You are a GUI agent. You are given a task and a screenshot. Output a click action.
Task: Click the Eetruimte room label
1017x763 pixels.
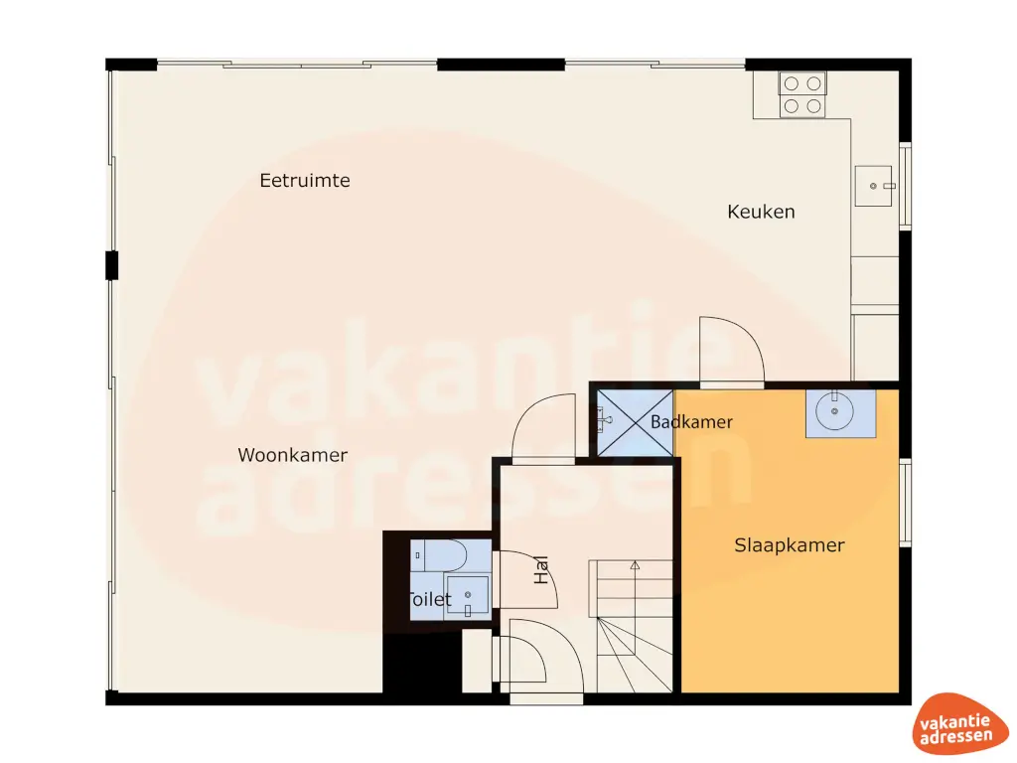[x=305, y=181]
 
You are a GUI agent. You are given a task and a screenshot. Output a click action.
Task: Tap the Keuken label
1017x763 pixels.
[x=761, y=212]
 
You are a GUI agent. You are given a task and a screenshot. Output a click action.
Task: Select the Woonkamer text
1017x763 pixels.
[x=293, y=455]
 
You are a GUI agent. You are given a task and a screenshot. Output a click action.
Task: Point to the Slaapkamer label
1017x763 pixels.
[x=790, y=545]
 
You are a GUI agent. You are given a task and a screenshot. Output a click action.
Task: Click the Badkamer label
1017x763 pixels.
[x=691, y=422]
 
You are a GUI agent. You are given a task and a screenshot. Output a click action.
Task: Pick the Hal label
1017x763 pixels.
[x=542, y=569]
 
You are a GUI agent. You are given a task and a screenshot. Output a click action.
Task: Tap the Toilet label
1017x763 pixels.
[x=429, y=600]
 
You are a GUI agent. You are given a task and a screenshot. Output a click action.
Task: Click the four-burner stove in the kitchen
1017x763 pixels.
[x=802, y=95]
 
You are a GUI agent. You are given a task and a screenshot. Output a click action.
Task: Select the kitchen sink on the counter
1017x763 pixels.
[x=875, y=186]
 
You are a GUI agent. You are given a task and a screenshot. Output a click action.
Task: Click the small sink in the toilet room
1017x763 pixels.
[x=467, y=595]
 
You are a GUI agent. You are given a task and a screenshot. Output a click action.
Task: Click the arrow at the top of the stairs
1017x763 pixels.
[x=635, y=565]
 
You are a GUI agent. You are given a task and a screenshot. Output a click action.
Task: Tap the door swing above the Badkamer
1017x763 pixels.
[x=730, y=352]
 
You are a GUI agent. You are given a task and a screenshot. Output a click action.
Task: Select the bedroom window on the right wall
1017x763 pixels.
[x=905, y=502]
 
